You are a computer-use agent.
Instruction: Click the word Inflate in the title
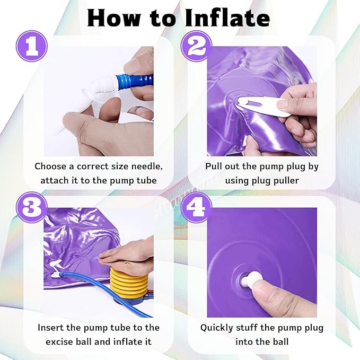227,19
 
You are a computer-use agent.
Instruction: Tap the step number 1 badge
32,46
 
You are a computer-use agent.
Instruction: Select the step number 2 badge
197,46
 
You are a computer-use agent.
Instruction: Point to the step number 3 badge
32,207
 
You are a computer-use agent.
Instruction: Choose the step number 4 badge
197,207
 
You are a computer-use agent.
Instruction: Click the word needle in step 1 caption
147,166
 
